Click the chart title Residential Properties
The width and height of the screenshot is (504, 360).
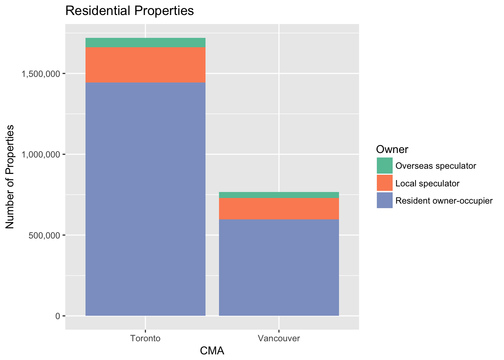[x=129, y=11]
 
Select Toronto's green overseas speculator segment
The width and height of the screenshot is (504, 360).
[x=145, y=42]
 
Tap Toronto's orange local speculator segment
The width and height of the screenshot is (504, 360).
[x=145, y=64]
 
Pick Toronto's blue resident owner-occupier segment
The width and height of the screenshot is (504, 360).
[x=145, y=199]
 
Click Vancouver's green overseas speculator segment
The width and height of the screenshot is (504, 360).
[x=279, y=195]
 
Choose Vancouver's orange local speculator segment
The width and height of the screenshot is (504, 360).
[x=279, y=208]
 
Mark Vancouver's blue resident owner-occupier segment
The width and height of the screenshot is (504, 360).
[x=279, y=267]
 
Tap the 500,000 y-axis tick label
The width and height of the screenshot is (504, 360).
[x=44, y=235]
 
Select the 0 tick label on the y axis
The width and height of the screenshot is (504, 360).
[x=57, y=316]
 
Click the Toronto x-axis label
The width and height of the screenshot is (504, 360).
[x=145, y=339]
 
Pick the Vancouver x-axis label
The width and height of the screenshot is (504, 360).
[x=279, y=339]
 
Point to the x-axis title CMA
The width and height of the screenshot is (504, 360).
[x=212, y=351]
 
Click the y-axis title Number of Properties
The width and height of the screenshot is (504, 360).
[x=10, y=177]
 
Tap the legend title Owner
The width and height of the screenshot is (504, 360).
[x=392, y=149]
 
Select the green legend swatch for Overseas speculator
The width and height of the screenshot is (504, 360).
[x=385, y=166]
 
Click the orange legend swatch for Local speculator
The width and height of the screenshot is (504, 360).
[x=385, y=183]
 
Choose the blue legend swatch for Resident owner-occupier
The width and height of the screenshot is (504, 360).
[x=385, y=201]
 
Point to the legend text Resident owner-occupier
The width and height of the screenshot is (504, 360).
[x=444, y=201]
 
